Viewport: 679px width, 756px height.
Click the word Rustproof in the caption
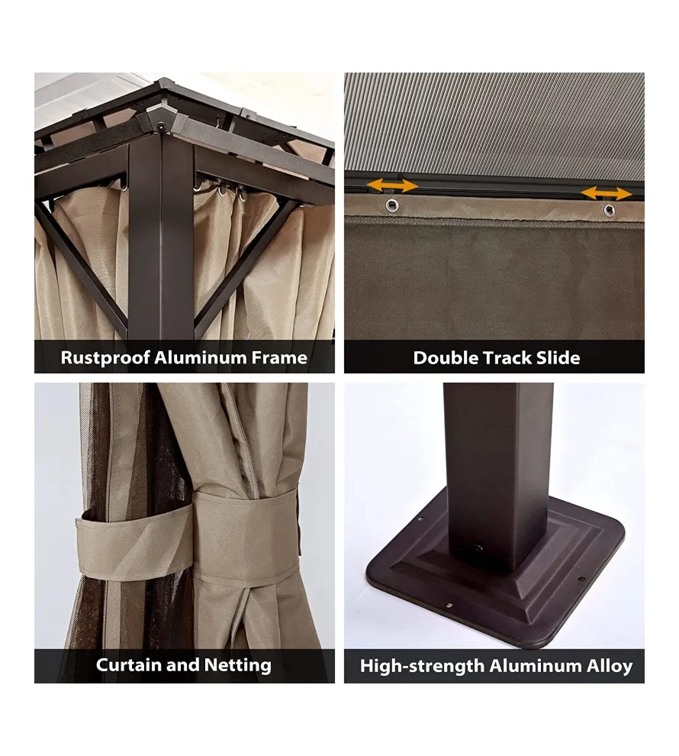(x=105, y=358)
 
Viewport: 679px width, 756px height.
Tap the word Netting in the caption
(x=237, y=665)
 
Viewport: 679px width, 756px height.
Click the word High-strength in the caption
(x=423, y=666)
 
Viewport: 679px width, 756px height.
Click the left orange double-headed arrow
(x=392, y=185)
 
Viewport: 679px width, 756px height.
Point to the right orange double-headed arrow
(x=607, y=194)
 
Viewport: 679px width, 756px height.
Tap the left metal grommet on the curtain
(x=392, y=206)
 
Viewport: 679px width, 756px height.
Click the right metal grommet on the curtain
(x=609, y=211)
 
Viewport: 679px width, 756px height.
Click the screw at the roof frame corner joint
(x=161, y=126)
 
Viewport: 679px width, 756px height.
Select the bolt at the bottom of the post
(x=478, y=549)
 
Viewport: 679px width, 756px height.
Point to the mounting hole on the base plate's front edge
(x=449, y=605)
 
